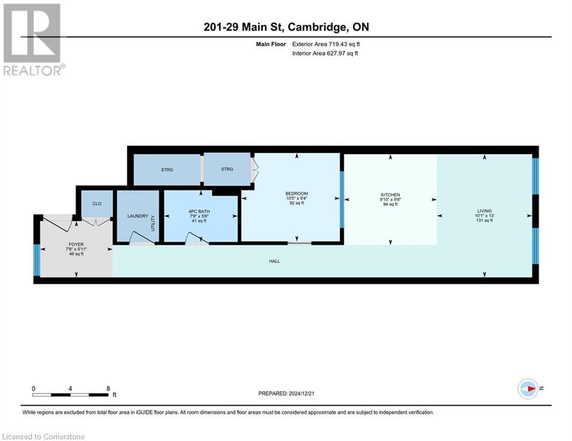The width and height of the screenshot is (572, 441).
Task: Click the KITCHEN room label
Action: click(390, 195)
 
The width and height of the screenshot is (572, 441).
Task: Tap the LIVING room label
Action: click(485, 211)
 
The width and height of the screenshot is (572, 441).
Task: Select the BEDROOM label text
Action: click(297, 194)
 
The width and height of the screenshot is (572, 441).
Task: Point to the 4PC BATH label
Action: click(200, 211)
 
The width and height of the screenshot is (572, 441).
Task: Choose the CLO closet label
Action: click(97, 204)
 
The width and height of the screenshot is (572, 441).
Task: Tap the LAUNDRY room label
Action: click(137, 216)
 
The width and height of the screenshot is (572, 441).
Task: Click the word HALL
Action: click(274, 261)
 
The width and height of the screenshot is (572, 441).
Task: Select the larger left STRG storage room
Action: click(167, 170)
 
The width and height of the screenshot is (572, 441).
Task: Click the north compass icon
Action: click(528, 389)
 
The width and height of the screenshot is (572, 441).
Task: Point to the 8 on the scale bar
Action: click(108, 388)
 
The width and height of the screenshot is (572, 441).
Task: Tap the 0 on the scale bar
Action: click(34, 388)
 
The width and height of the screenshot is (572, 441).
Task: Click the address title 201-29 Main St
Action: click(286, 27)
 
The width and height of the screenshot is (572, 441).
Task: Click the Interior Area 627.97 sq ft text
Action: click(325, 53)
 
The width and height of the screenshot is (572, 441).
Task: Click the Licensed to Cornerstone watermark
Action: click(44, 436)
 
